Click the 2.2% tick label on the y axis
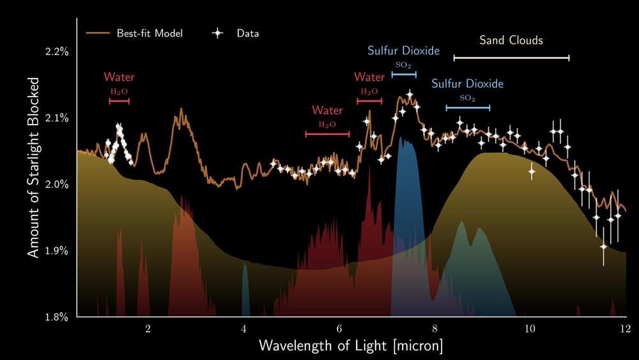56,51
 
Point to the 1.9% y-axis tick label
56,250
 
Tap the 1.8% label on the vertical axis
56,317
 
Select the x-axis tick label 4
243,329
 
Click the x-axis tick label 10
530,329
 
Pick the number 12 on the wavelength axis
624,329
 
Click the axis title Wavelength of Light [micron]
351,346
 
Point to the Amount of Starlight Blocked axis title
33,168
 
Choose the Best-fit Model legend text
150,33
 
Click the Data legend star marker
218,33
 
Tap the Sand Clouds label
511,40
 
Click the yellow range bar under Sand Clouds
511,58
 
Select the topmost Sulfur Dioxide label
403,51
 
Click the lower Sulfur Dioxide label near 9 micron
467,84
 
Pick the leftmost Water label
119,77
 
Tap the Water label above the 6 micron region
327,111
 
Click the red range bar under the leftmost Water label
119,100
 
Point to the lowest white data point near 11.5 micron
603,246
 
